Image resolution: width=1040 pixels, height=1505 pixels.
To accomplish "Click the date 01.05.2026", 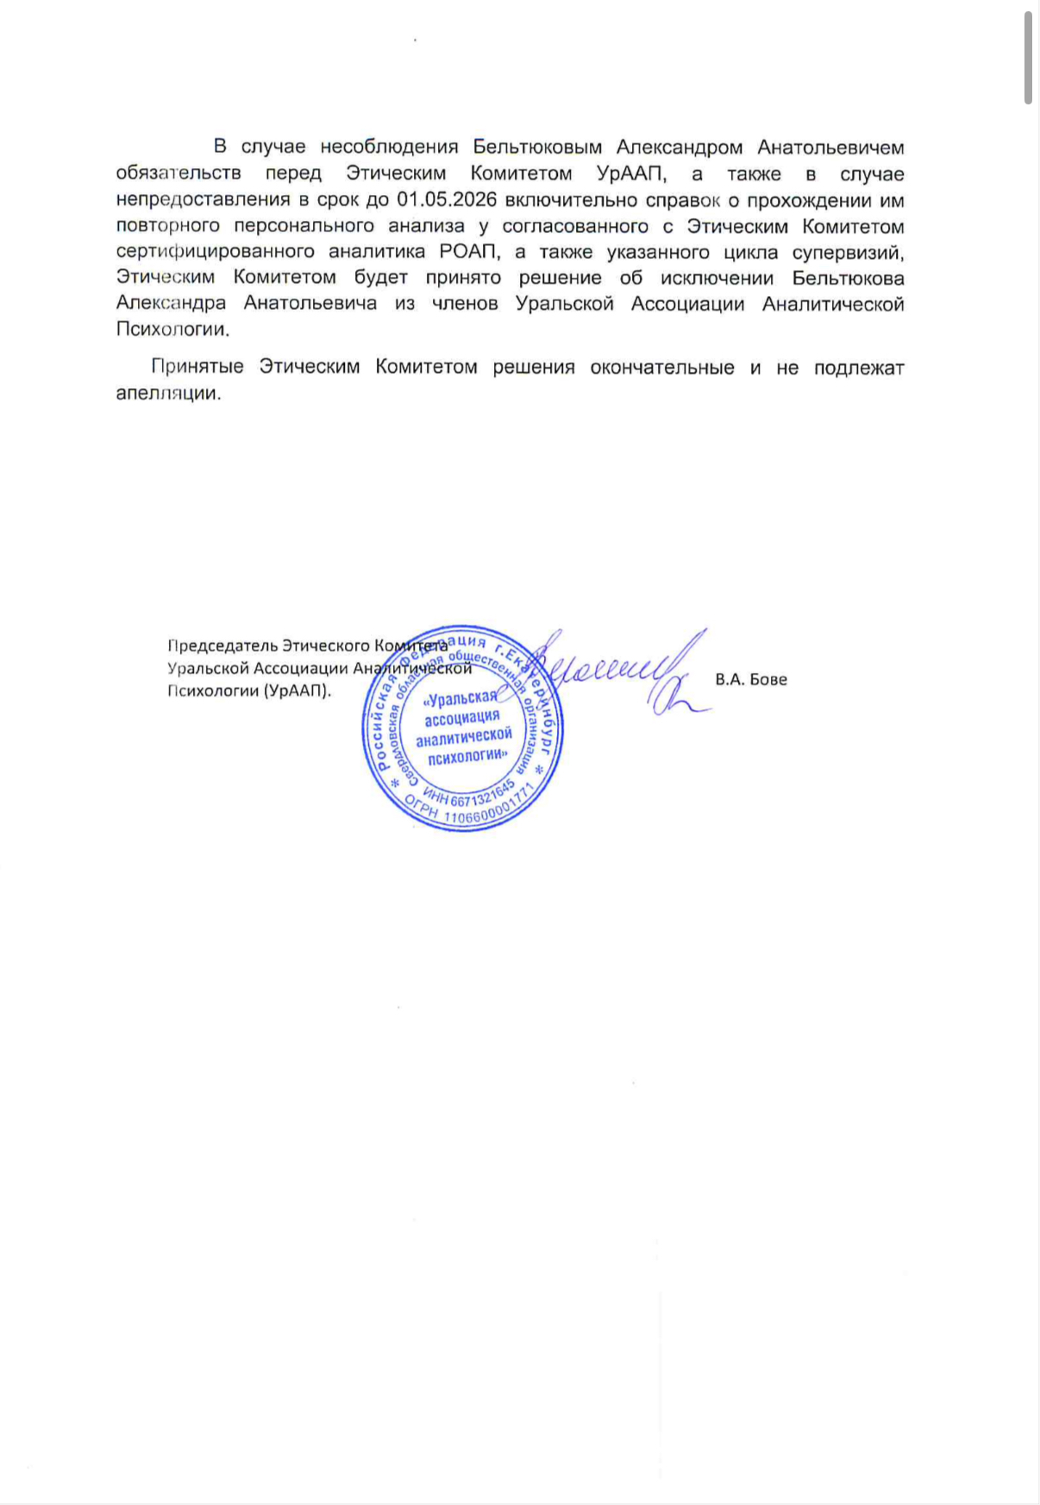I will [x=448, y=200].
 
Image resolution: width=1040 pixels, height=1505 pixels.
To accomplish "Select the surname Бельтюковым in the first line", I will [x=537, y=148].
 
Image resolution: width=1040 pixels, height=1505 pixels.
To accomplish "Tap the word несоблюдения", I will [x=388, y=148].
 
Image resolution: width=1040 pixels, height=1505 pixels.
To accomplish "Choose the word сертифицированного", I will [x=215, y=252].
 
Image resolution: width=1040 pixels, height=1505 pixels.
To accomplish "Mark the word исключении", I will [x=715, y=278].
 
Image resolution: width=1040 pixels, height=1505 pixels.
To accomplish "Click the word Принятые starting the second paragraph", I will [x=197, y=367].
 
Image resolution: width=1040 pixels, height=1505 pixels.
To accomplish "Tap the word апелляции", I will [x=168, y=393].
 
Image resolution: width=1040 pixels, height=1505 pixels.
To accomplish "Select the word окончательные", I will [x=662, y=367].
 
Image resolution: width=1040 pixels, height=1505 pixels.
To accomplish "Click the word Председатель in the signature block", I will [x=222, y=645].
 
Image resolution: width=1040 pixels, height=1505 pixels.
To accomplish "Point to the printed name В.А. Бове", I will [x=750, y=679].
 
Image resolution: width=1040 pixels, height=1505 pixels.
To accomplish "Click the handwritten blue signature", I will [x=621, y=673].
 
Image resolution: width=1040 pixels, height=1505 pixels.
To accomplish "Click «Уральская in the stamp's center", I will [x=461, y=698].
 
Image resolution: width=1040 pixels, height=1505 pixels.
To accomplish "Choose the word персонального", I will [x=302, y=226].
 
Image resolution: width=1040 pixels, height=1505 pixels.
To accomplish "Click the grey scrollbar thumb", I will [x=1028, y=57].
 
